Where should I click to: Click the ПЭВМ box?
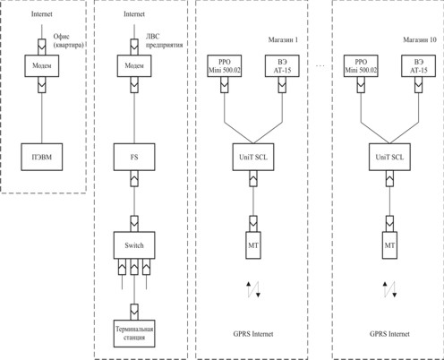pyautogui.click(x=42, y=157)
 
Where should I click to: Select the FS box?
pyautogui.click(x=134, y=157)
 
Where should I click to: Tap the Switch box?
pyautogui.click(x=134, y=245)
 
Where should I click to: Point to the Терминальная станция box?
pyautogui.click(x=134, y=333)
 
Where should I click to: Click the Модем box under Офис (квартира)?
pyautogui.click(x=42, y=65)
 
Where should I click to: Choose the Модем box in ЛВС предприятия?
pyautogui.click(x=134, y=65)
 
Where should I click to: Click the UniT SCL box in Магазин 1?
pyautogui.click(x=253, y=157)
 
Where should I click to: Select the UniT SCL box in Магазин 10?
pyautogui.click(x=389, y=157)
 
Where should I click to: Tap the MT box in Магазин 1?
pyautogui.click(x=253, y=245)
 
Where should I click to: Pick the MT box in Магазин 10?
pyautogui.click(x=389, y=245)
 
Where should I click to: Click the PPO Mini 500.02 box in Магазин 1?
pyautogui.click(x=225, y=66)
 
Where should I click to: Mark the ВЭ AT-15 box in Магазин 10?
pyautogui.click(x=418, y=66)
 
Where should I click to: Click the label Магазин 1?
pyautogui.click(x=283, y=39)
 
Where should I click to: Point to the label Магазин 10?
pyautogui.click(x=420, y=39)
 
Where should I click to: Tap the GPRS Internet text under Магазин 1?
pyautogui.click(x=253, y=334)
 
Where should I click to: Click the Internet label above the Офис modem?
pyautogui.click(x=42, y=14)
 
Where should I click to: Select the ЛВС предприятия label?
pyautogui.click(x=164, y=40)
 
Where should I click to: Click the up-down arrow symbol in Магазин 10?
pyautogui.click(x=389, y=289)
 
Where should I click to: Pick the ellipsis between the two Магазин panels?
pyautogui.click(x=320, y=65)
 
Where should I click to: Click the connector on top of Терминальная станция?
pyautogui.click(x=134, y=312)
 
